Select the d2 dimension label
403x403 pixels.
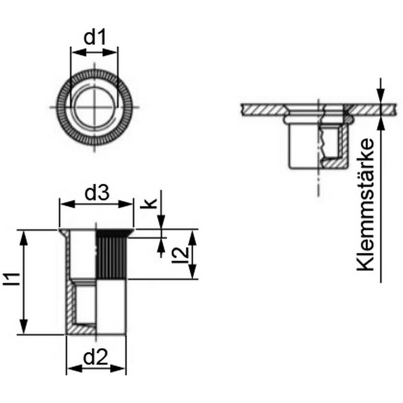(x=96, y=357)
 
